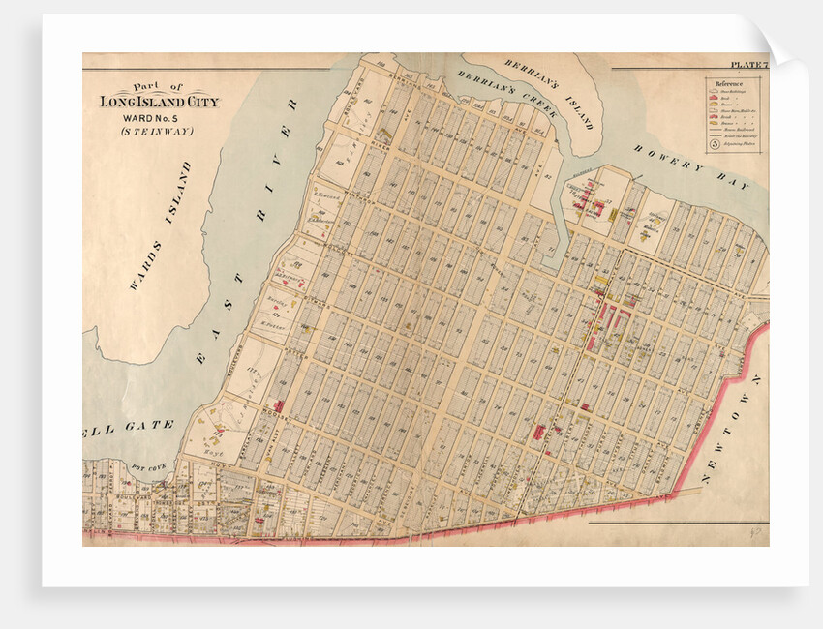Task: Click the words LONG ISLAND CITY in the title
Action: click(x=160, y=102)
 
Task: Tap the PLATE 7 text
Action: click(x=748, y=65)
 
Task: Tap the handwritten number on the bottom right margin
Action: click(x=751, y=533)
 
